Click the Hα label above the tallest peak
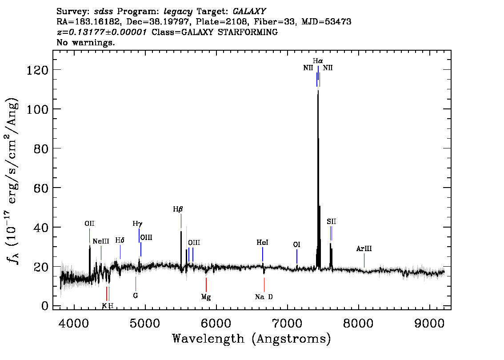(318, 61)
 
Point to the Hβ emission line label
(178, 209)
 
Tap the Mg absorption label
(206, 297)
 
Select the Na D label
(264, 297)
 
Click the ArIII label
(364, 248)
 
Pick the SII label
(332, 221)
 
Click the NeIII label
(101, 241)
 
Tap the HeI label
(262, 242)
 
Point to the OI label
(297, 244)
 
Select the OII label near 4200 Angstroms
(89, 224)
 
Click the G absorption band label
(135, 296)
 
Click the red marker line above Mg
(206, 284)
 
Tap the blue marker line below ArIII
(364, 260)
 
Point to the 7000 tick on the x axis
(288, 324)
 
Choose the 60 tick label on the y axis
(41, 188)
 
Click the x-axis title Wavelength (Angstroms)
(252, 339)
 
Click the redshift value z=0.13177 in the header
(102, 32)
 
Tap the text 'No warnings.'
(85, 42)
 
